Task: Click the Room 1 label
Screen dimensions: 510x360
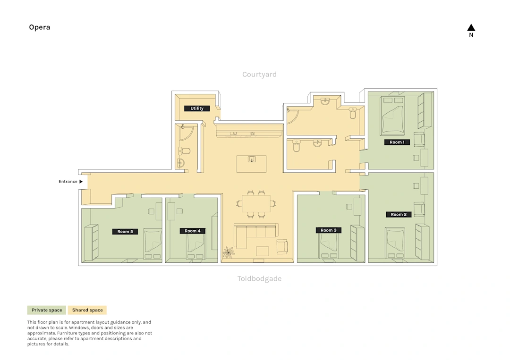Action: pos(397,142)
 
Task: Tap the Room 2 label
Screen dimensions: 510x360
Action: pos(399,214)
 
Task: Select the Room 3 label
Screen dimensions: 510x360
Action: pos(329,230)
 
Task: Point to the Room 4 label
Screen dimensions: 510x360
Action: pos(193,231)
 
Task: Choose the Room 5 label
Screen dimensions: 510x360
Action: pos(125,232)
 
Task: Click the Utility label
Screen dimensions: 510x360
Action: pos(197,109)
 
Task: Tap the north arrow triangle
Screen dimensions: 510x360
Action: pos(471,28)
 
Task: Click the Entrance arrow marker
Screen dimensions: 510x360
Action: pos(81,182)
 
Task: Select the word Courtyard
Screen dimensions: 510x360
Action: pos(259,75)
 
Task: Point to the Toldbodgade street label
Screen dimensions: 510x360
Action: pos(259,279)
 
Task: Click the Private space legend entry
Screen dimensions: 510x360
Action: pos(46,310)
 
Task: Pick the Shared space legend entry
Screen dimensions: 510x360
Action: pos(87,310)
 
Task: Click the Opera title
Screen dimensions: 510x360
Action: pos(39,27)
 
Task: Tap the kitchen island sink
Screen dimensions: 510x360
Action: pos(252,159)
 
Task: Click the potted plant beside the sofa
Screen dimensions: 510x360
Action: pos(229,252)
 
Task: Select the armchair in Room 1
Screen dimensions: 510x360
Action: pos(419,139)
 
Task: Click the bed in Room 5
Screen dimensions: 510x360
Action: pos(153,243)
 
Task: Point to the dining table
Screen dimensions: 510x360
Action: pos(256,203)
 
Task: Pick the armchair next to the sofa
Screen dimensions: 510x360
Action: pos(282,247)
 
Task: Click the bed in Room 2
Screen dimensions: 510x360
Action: pos(395,243)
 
